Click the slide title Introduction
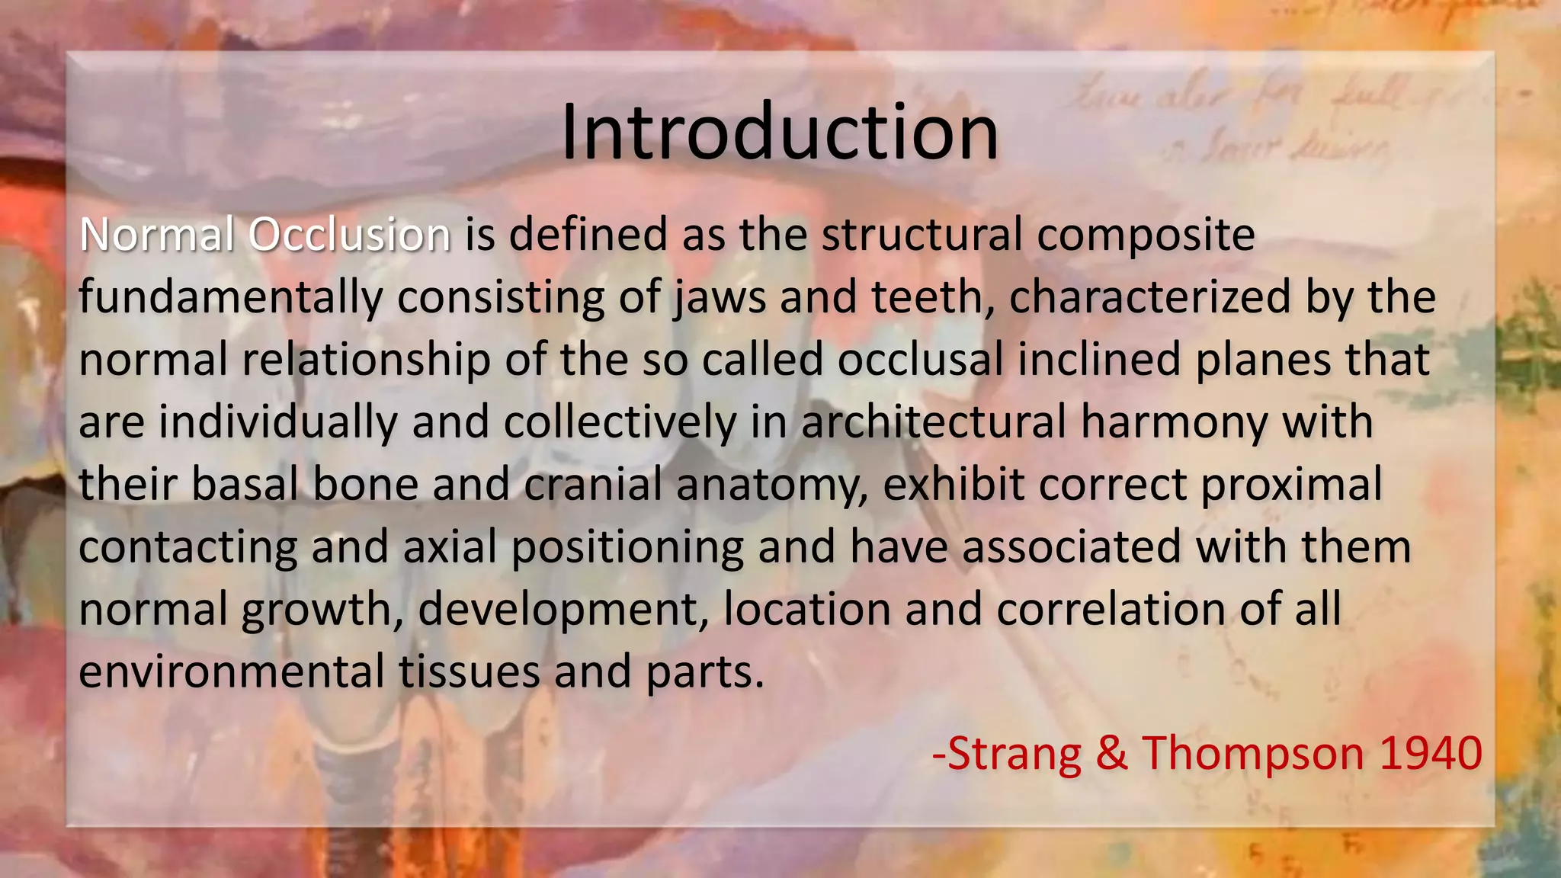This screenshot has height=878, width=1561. click(779, 133)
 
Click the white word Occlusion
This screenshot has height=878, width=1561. click(350, 235)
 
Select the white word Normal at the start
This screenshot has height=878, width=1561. click(157, 235)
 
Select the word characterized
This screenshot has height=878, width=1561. click(1149, 297)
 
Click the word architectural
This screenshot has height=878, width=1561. click(933, 423)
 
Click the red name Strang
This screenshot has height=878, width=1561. click(1014, 755)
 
